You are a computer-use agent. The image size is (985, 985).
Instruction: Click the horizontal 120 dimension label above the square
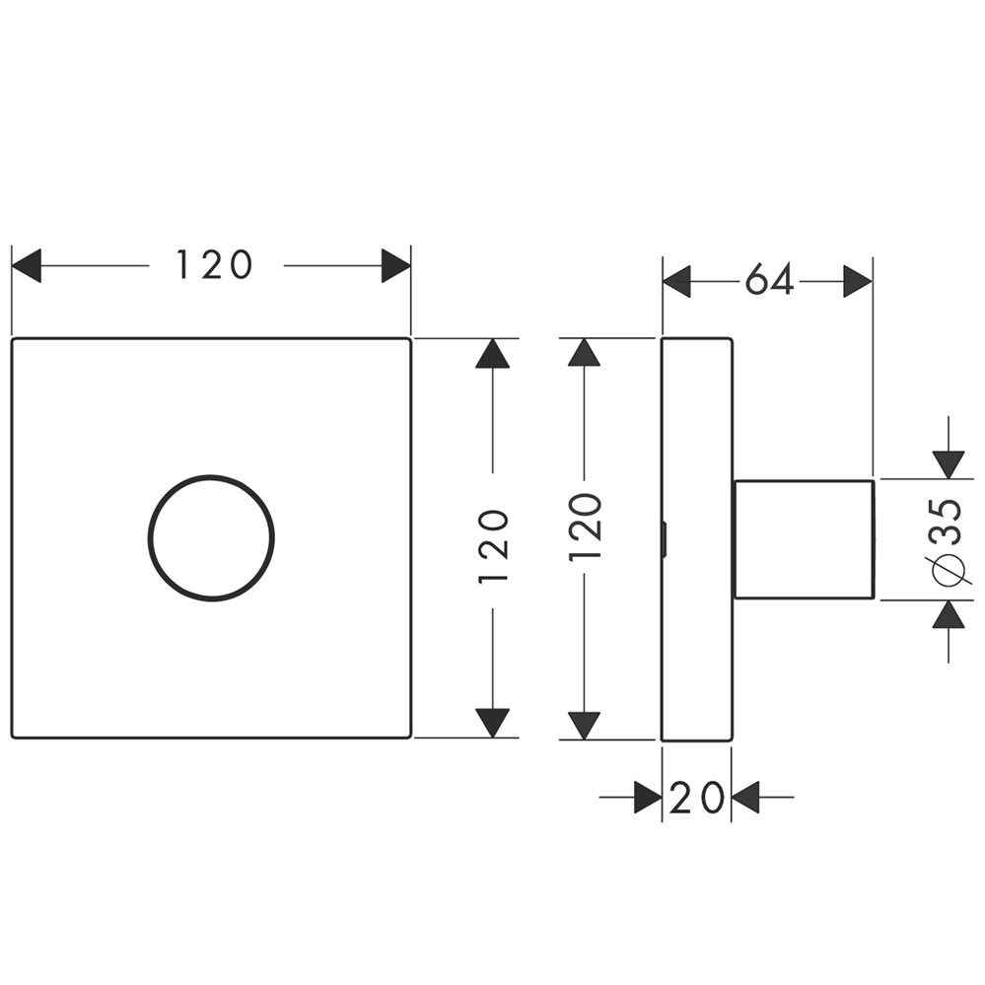[x=215, y=264]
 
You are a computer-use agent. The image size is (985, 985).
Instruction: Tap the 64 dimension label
[x=769, y=282]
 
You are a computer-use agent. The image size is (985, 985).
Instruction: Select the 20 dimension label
[x=696, y=798]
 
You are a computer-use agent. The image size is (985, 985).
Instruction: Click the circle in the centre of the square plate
[x=211, y=537]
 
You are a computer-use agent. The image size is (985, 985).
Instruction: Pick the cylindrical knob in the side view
[x=804, y=538]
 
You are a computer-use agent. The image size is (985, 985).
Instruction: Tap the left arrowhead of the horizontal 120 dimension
[x=27, y=265]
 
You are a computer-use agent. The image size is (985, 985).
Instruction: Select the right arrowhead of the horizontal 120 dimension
[x=395, y=265]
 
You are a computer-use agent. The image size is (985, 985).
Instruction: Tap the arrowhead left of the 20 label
[x=647, y=798]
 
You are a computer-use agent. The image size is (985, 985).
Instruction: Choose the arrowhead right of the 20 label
[x=745, y=798]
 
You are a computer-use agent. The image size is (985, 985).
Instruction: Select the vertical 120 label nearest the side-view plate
[x=586, y=527]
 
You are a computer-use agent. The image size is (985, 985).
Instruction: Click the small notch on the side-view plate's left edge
[x=665, y=538]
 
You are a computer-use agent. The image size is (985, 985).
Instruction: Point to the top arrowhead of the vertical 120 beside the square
[x=493, y=354]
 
